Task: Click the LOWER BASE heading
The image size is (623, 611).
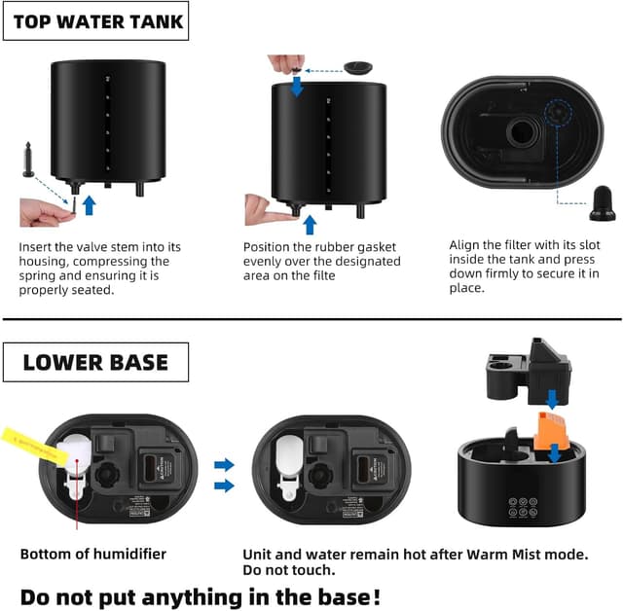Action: coord(95,362)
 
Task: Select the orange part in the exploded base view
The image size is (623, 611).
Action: coord(550,430)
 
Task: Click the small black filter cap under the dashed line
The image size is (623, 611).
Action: coord(601,205)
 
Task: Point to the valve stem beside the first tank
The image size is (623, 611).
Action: coord(28,161)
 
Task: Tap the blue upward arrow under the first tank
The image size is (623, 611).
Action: coord(90,204)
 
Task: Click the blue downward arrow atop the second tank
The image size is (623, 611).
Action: coord(296,86)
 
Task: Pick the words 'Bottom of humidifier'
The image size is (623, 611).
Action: coord(92,555)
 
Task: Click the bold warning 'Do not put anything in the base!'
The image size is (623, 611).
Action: coord(201,594)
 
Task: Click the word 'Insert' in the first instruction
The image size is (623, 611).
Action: coord(37,247)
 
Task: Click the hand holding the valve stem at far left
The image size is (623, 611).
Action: coord(44,210)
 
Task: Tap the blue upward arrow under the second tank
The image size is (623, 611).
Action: coord(310,224)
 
